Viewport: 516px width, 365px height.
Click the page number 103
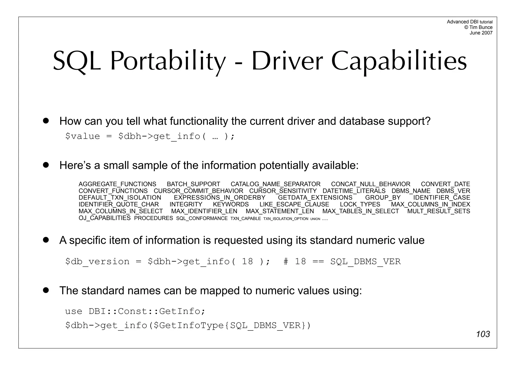[483, 334]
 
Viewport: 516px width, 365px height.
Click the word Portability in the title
[168, 61]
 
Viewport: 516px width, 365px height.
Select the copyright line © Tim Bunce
[478, 27]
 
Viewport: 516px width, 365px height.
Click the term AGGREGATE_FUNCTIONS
[117, 184]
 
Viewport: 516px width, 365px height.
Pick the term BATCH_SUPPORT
[193, 184]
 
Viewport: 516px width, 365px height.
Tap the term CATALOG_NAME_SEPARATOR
[275, 184]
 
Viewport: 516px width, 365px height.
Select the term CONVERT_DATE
[445, 184]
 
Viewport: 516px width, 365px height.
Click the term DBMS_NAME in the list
[411, 191]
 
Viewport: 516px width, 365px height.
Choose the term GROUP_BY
[383, 198]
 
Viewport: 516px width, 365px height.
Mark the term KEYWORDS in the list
[231, 204]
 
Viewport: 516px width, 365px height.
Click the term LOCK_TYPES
[360, 204]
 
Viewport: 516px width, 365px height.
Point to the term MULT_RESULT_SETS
[439, 211]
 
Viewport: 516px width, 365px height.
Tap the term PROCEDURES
[153, 218]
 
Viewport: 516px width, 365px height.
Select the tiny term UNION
[315, 219]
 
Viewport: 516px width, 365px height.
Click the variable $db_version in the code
[97, 261]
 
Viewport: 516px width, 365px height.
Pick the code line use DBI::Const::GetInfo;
[135, 311]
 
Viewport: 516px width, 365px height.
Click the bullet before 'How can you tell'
[46, 121]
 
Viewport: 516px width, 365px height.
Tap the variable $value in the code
[82, 136]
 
